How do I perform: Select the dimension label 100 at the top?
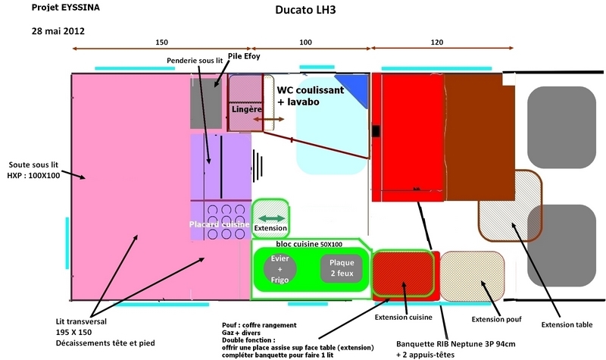[305, 42]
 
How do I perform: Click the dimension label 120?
[435, 42]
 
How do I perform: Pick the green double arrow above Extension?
[271, 218]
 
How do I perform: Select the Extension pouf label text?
[496, 319]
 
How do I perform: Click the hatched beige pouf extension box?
[472, 272]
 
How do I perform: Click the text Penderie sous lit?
[196, 60]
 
